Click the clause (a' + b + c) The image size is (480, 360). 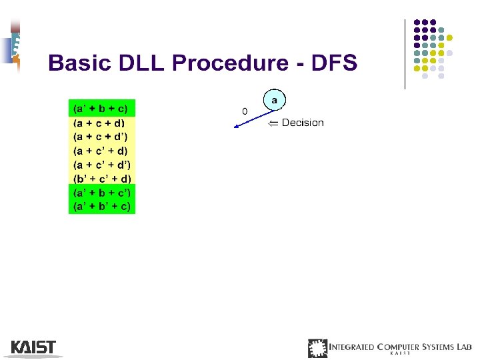[x=101, y=109]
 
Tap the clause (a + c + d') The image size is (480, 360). [x=101, y=137]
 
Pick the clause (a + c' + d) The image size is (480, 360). [x=101, y=151]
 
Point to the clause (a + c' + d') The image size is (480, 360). [x=101, y=165]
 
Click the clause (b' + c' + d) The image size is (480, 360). [x=102, y=179]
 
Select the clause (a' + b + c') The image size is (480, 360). [x=102, y=193]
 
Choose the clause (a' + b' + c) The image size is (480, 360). [x=102, y=207]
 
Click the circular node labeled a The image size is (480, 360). [x=274, y=100]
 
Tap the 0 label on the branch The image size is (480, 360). [x=244, y=111]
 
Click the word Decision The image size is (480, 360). [x=303, y=123]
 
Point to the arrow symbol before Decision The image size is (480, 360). [x=273, y=123]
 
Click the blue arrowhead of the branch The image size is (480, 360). [x=235, y=131]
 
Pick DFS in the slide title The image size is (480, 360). [x=333, y=63]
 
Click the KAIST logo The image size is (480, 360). [x=33, y=347]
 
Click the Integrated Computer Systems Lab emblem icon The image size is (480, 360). [x=317, y=348]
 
